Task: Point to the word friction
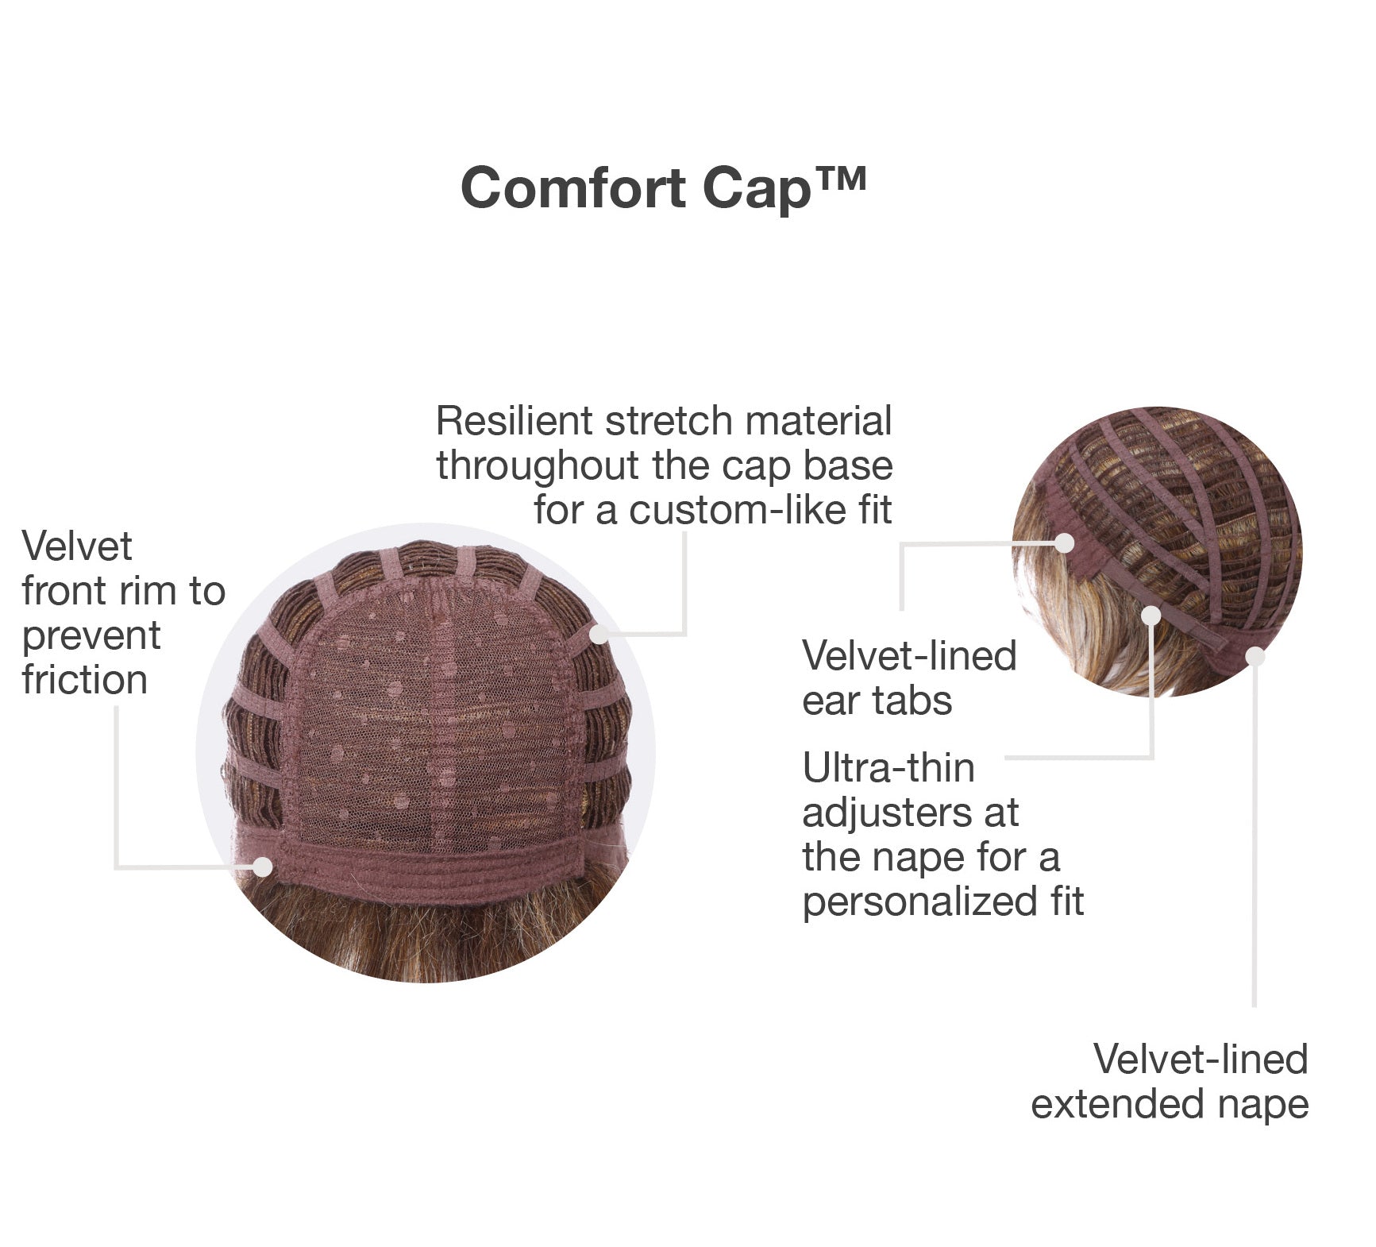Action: (x=85, y=680)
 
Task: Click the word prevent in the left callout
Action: (x=91, y=635)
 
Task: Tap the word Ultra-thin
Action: (x=888, y=768)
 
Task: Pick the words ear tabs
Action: (x=877, y=701)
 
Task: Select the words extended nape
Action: (x=1170, y=1104)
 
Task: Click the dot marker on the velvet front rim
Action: (x=262, y=867)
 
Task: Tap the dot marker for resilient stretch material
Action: (x=599, y=634)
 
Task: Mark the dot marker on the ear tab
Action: (x=1065, y=543)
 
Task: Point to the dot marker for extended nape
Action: (x=1255, y=656)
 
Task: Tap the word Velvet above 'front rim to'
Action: (x=77, y=546)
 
